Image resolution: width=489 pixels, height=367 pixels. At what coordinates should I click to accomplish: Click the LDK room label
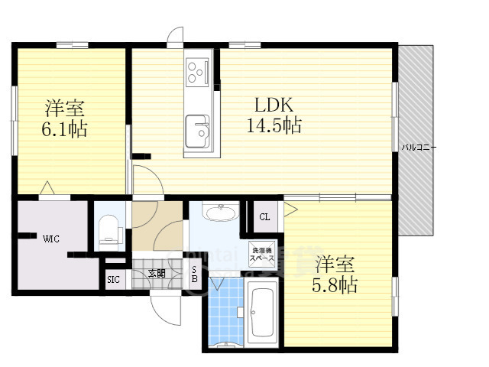click(269, 105)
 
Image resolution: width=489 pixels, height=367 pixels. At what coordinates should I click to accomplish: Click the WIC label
click(51, 239)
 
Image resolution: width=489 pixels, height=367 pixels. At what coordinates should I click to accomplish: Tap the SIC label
click(114, 280)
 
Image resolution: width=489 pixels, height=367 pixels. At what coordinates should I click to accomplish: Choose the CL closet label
click(264, 216)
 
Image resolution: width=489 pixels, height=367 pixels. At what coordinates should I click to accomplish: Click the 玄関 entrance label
click(157, 273)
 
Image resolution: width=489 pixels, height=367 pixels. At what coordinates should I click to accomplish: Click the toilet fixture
click(109, 229)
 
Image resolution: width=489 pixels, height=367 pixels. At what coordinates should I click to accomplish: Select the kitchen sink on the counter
click(198, 129)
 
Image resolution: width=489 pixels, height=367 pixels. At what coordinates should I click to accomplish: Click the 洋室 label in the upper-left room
click(64, 107)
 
